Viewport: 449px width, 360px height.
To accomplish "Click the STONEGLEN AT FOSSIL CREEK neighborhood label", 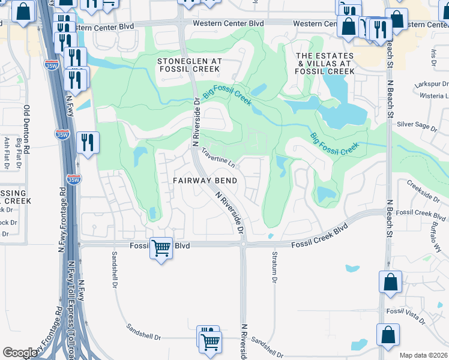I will click(x=190, y=66).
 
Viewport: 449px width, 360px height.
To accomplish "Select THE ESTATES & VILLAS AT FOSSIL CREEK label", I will click(x=324, y=63).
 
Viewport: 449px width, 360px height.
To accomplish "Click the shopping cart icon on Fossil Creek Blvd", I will click(x=161, y=247).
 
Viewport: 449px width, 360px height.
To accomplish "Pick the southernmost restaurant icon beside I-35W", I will click(x=88, y=143).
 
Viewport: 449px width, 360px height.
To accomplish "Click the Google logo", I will click(x=20, y=353).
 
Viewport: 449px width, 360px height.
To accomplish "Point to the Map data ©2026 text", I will click(x=423, y=355).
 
